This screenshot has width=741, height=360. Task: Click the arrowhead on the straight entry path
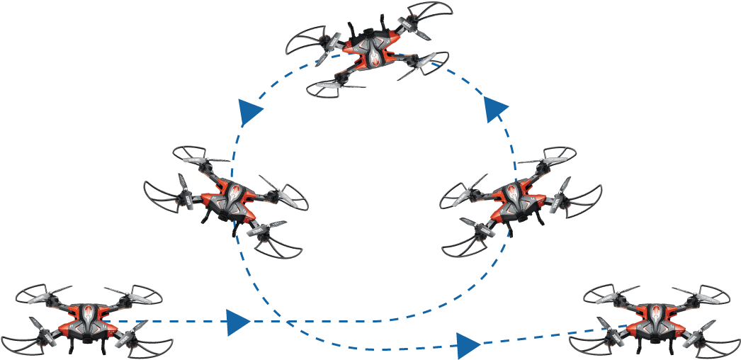(237, 322)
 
